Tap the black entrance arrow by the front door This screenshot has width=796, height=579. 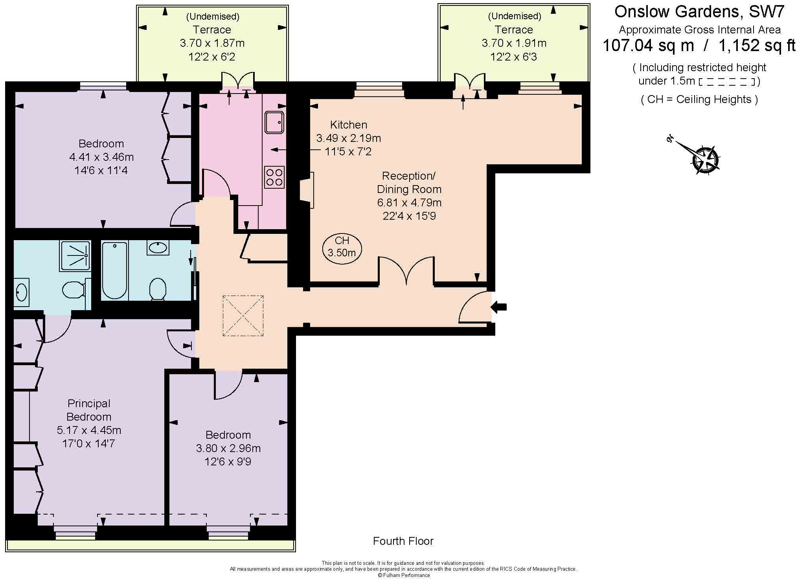tap(499, 307)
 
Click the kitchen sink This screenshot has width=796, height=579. tap(274, 122)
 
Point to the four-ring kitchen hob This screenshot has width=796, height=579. tap(274, 177)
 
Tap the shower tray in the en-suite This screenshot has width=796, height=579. tap(75, 255)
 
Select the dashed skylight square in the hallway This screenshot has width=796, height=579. tap(243, 316)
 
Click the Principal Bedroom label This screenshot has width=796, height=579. tap(89, 410)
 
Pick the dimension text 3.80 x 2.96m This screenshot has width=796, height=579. tap(228, 448)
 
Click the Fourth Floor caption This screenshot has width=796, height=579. tap(403, 541)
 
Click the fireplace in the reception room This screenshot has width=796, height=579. tap(307, 190)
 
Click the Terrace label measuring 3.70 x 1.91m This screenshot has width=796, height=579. tap(514, 30)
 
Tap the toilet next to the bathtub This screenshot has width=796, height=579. tap(158, 289)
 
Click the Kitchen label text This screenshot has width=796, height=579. tap(349, 125)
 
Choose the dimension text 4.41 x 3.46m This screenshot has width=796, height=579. tap(101, 157)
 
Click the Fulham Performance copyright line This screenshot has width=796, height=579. tap(404, 575)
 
